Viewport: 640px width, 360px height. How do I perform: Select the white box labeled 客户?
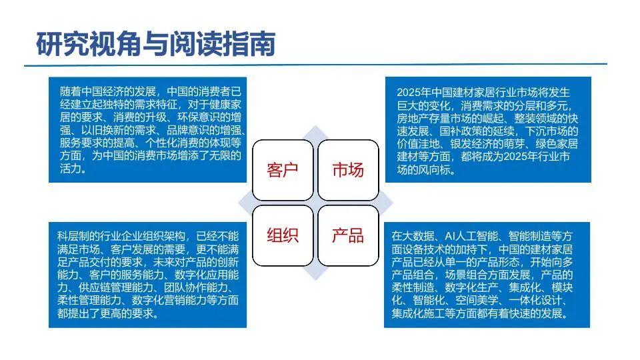(x=283, y=170)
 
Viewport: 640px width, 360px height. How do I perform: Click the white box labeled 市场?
(x=348, y=170)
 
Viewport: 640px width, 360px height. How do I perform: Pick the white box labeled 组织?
(x=283, y=235)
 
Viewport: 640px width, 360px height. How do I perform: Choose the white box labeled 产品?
(x=348, y=235)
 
